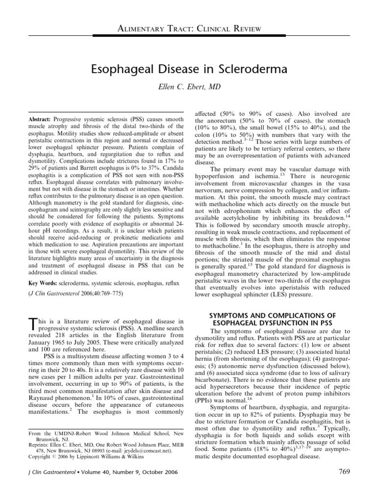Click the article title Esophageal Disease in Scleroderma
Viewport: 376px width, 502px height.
188,70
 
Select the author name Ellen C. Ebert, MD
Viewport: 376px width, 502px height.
188,87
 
